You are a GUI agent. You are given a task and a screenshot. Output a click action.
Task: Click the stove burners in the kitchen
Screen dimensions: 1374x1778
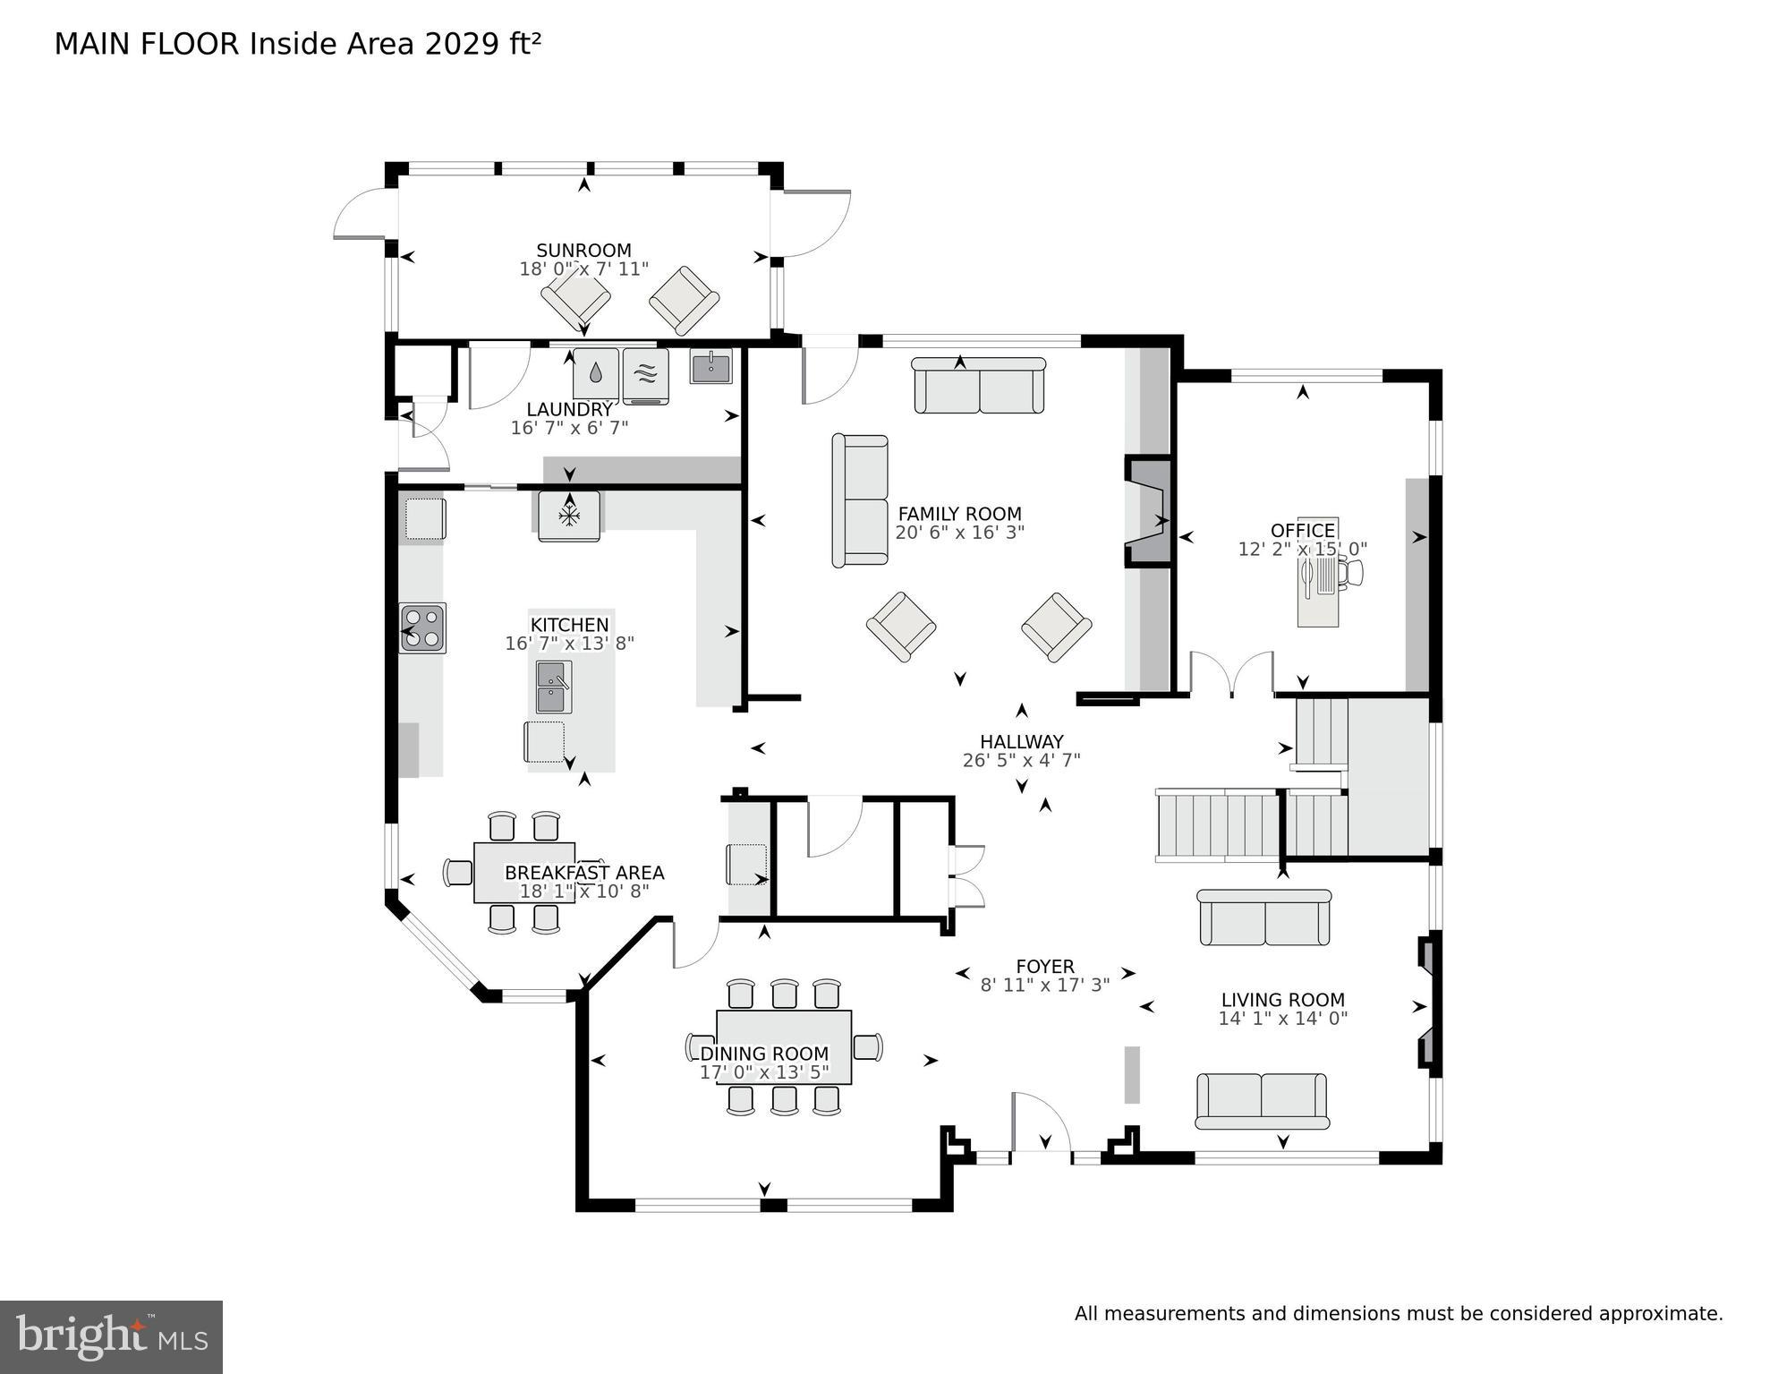pyautogui.click(x=422, y=627)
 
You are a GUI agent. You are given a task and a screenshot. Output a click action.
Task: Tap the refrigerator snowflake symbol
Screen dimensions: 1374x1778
pyautogui.click(x=569, y=515)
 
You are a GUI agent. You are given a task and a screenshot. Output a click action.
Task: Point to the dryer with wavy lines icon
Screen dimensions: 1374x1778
pyautogui.click(x=645, y=374)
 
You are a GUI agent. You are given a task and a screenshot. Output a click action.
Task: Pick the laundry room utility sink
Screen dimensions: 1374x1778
pyautogui.click(x=710, y=365)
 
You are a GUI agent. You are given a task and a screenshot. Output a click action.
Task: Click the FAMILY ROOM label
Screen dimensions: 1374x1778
pyautogui.click(x=959, y=514)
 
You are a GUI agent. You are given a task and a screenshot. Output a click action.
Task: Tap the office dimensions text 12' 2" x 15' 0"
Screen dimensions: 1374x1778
pyautogui.click(x=1302, y=550)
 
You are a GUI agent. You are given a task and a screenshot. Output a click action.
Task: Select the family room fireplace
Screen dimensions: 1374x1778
pyautogui.click(x=1148, y=511)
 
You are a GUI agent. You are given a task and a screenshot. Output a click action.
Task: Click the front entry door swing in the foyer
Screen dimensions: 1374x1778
pyautogui.click(x=1041, y=1124)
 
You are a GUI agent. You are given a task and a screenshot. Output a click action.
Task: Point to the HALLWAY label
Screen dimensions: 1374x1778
pyautogui.click(x=1021, y=741)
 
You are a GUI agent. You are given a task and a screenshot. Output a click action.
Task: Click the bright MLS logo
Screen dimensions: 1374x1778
pyautogui.click(x=111, y=1336)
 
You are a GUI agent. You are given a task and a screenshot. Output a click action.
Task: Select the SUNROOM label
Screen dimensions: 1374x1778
pyautogui.click(x=583, y=251)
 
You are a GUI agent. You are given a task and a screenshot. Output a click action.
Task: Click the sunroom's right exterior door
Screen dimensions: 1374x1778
pyautogui.click(x=810, y=224)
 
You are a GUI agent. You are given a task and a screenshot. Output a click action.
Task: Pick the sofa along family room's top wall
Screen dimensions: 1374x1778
pyautogui.click(x=979, y=386)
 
